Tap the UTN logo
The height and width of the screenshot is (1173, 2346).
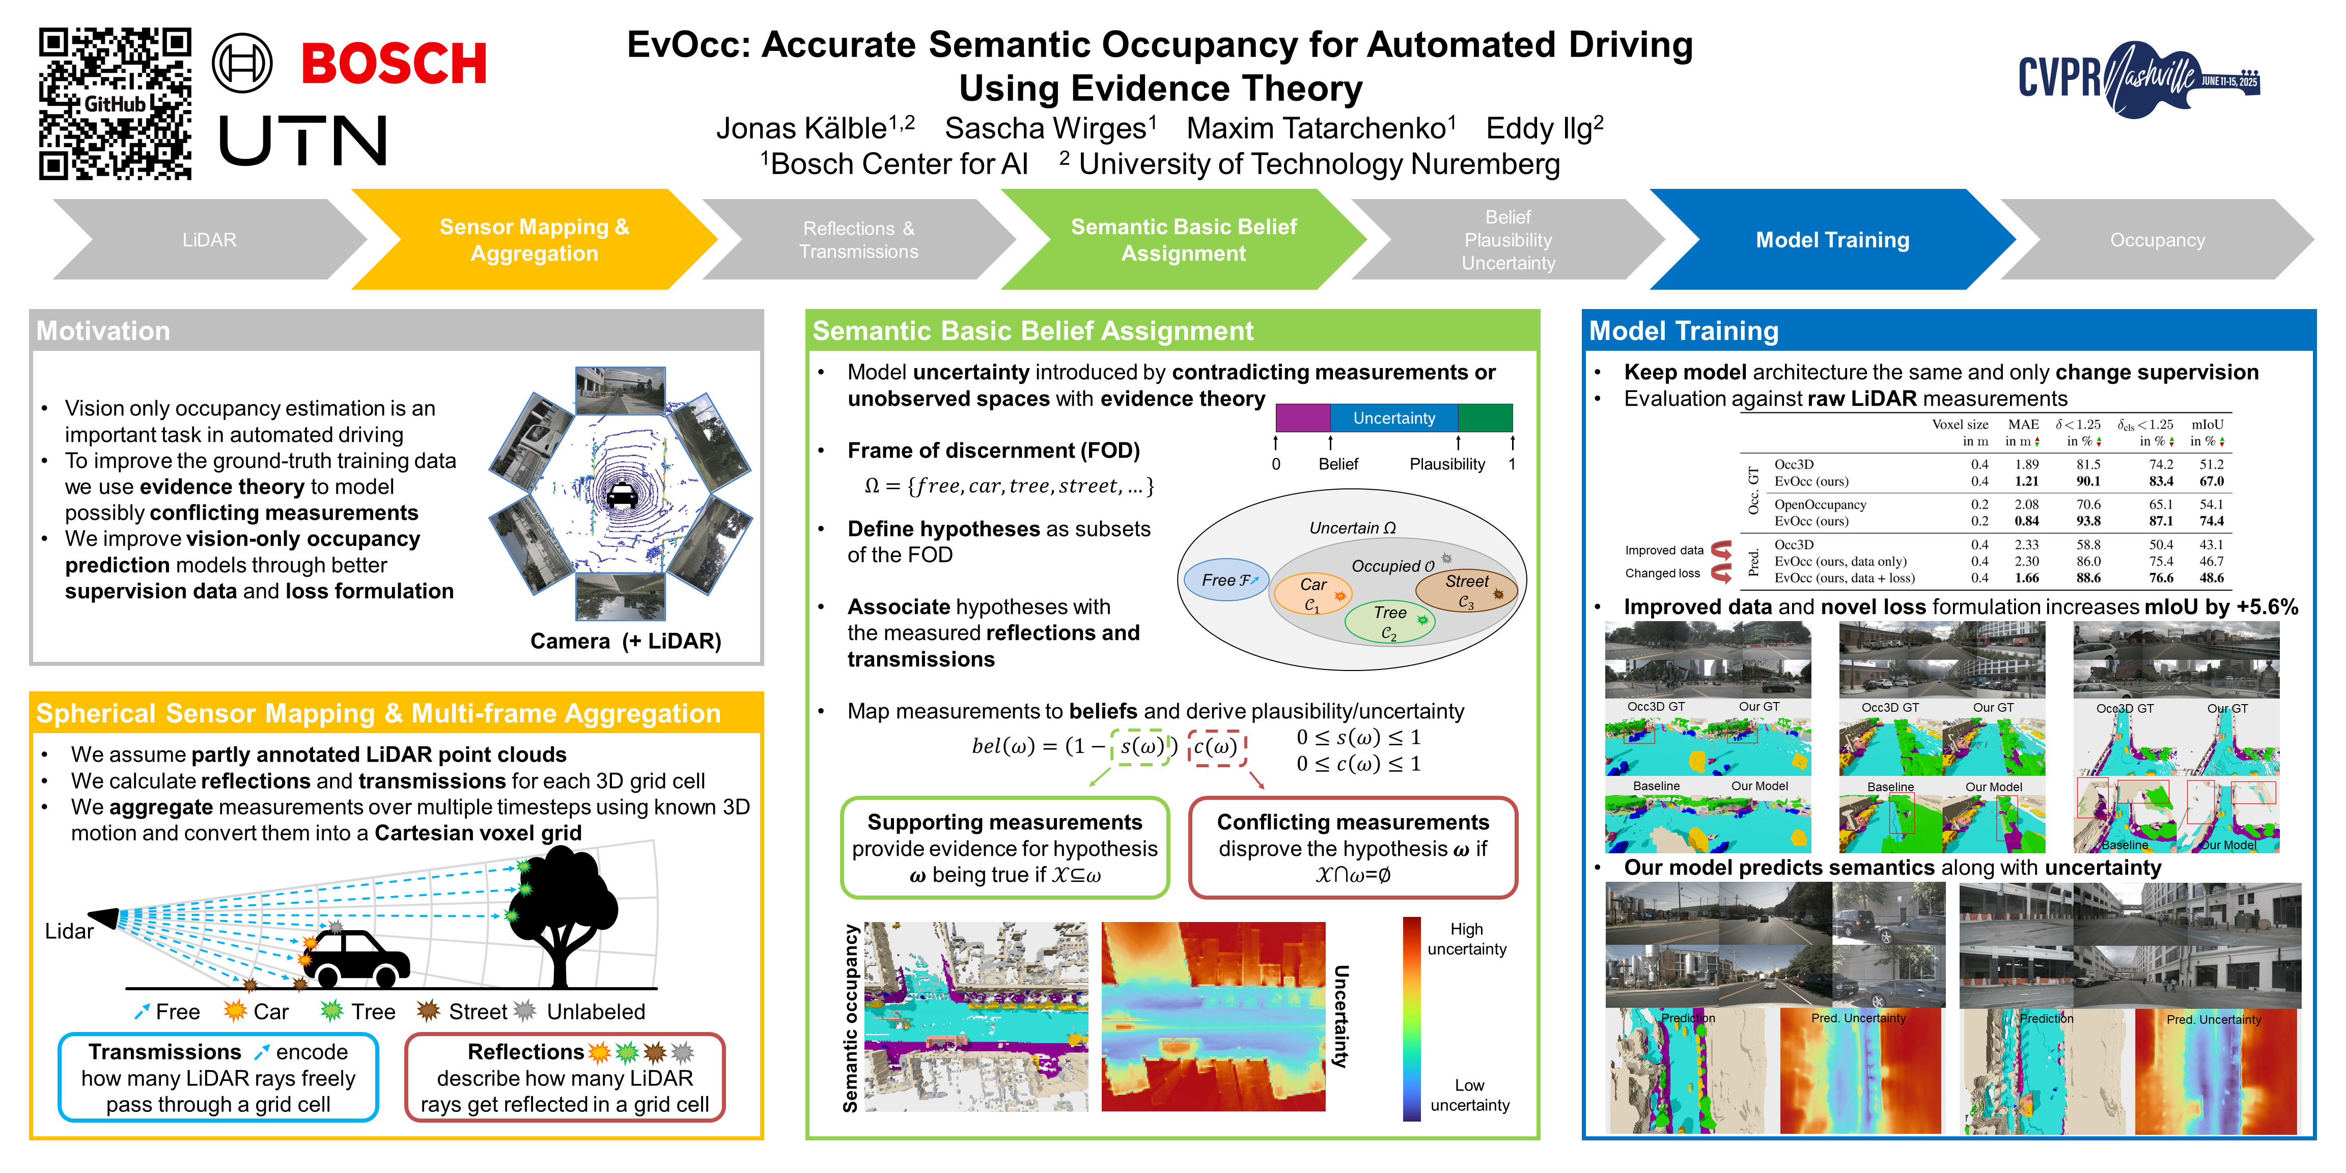[x=303, y=141]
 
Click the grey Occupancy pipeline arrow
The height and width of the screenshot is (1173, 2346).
[x=2157, y=239]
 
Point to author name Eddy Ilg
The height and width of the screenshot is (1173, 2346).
[x=1544, y=128]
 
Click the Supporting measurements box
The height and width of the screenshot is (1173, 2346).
[x=1004, y=848]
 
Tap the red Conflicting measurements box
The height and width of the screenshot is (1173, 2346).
[x=1352, y=848]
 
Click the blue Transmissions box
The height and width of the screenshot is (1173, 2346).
[x=218, y=1077]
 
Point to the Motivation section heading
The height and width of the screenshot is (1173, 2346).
[x=103, y=330]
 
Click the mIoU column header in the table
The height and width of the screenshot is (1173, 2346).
[x=2207, y=425]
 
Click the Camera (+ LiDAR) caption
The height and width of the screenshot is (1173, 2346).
[x=626, y=641]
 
